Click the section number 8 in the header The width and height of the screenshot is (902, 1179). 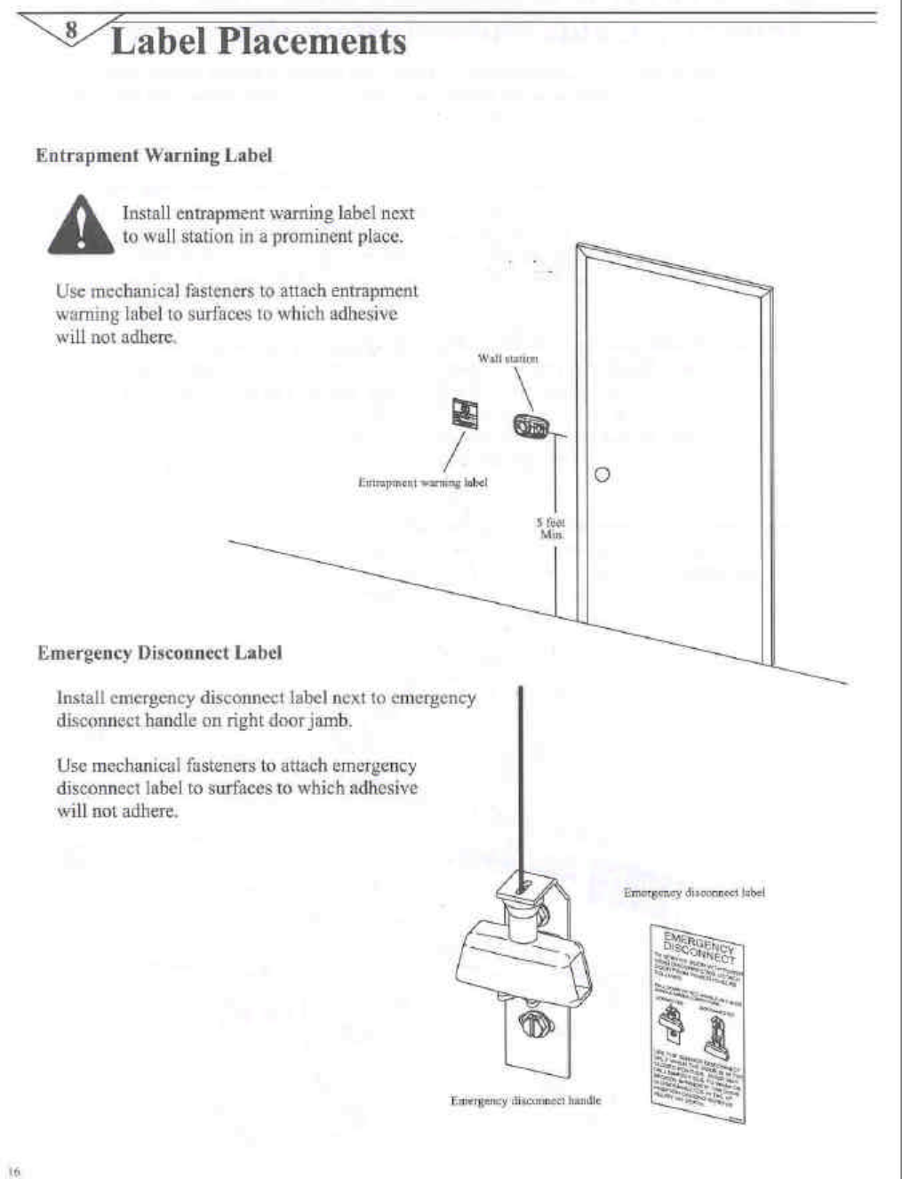74,28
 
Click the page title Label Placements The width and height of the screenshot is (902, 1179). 258,42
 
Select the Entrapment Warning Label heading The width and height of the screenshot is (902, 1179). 154,156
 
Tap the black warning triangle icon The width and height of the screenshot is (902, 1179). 81,226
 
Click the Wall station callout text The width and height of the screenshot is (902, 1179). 507,358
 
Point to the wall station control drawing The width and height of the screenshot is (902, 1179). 531,427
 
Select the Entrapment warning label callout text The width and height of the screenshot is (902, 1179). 422,482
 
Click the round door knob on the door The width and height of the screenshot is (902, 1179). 602,475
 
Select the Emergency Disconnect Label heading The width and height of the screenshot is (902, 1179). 160,654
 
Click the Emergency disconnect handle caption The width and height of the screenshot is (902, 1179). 525,1101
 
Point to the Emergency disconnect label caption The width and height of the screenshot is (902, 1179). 694,892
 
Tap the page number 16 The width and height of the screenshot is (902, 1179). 14,1170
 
